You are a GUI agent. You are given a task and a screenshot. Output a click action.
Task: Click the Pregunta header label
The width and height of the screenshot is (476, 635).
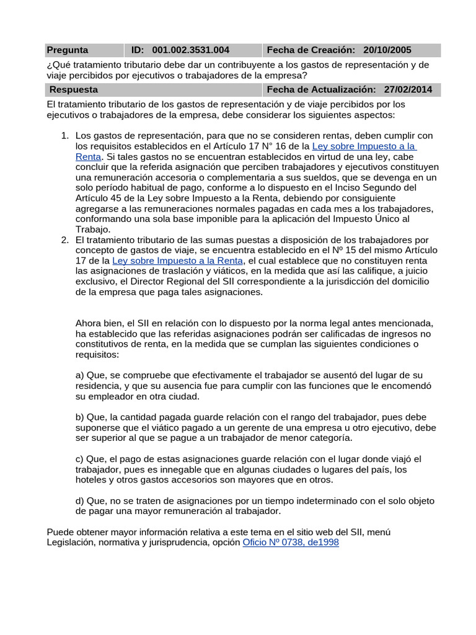[68, 50]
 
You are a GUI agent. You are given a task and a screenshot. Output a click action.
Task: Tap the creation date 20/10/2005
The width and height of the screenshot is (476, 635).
[387, 50]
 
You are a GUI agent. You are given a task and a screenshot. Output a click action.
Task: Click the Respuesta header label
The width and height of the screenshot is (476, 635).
[73, 90]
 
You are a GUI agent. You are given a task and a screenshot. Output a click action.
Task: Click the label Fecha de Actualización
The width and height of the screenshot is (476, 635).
[322, 90]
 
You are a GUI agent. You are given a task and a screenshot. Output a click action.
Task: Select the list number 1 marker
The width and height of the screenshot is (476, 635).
[64, 136]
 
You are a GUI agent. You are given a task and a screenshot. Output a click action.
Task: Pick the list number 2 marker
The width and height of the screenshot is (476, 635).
[64, 241]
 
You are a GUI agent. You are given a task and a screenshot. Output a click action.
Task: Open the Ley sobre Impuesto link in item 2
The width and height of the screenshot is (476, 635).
[178, 262]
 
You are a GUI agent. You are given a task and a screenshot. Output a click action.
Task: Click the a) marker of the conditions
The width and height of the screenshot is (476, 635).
[81, 375]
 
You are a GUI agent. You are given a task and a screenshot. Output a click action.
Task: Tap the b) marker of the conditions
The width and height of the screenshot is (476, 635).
[81, 417]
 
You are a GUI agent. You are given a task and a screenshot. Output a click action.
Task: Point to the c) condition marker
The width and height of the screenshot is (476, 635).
[81, 460]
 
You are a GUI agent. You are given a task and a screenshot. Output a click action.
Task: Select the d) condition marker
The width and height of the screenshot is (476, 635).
[81, 501]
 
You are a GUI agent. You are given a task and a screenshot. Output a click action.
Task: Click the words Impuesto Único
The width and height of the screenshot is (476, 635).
[372, 220]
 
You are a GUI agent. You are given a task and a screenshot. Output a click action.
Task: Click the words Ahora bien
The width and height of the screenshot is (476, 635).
[99, 323]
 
